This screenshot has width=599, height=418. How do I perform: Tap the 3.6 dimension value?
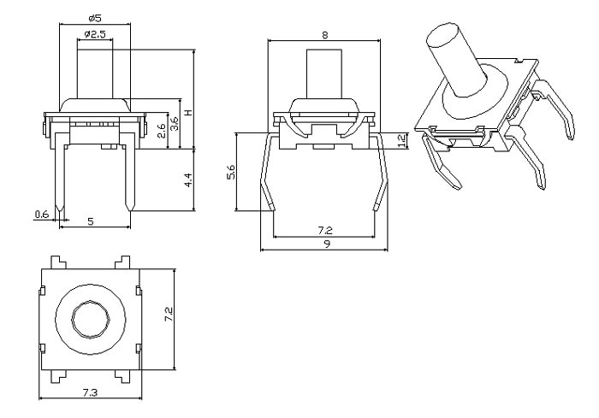pos(174,122)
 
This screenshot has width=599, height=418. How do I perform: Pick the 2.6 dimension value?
pos(161,130)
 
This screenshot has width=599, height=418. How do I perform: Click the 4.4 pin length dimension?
pos(187,180)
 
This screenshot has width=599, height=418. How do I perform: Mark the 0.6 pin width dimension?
pos(41,215)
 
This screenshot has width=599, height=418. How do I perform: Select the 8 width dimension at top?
pos(323,34)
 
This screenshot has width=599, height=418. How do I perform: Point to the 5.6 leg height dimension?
pos(229,173)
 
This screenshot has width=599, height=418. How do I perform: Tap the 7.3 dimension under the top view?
pos(91,391)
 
